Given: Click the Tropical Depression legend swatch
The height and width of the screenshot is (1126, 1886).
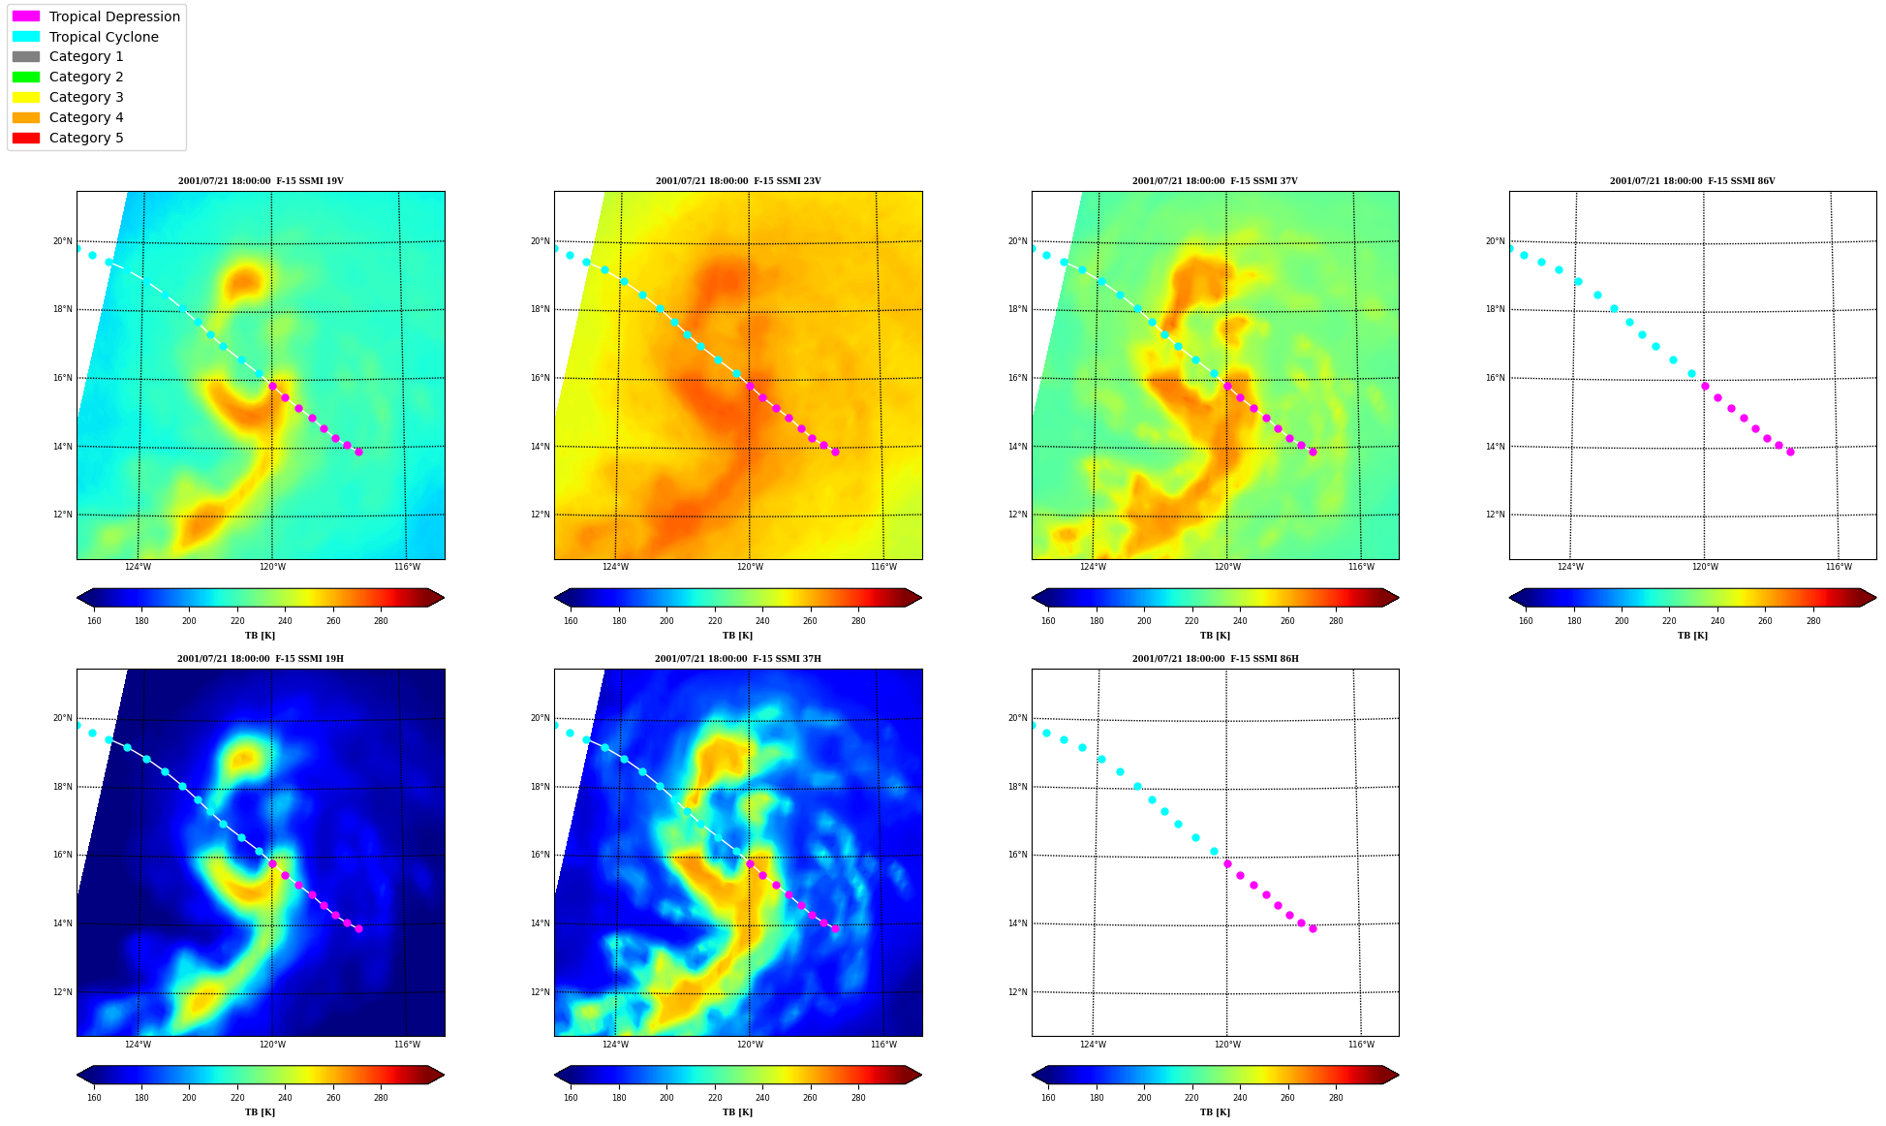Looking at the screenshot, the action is (26, 16).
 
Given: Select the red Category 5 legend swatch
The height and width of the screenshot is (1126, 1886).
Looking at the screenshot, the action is (26, 138).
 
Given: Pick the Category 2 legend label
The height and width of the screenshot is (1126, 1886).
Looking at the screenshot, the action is (86, 77).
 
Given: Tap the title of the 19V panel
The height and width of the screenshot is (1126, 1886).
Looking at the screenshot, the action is (261, 181).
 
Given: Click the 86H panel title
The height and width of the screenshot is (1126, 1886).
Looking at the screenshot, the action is (1216, 659).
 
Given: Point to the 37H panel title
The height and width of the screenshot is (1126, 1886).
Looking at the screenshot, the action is (738, 659).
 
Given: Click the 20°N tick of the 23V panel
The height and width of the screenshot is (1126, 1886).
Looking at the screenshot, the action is (540, 241).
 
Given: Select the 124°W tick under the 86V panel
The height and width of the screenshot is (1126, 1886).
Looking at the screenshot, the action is (1570, 567).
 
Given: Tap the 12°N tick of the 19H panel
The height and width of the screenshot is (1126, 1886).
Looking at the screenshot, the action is (63, 992).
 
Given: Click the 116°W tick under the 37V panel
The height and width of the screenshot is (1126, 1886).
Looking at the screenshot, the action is (1361, 567).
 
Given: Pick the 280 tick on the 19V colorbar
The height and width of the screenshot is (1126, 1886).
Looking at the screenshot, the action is (381, 621).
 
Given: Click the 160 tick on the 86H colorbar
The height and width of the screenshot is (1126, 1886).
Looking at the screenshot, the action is (1048, 1098).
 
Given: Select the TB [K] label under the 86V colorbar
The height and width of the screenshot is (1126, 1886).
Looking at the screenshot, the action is (1692, 636).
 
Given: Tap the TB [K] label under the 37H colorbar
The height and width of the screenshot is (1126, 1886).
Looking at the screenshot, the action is (738, 1112).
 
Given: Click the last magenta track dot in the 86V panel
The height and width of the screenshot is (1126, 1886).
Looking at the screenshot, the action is (1790, 452).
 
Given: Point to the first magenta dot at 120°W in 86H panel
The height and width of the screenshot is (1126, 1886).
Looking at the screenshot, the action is (1227, 863).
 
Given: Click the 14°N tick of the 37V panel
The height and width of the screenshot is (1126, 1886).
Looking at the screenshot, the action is (1017, 447).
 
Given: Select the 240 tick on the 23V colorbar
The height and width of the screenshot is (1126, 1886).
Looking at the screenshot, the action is (762, 621).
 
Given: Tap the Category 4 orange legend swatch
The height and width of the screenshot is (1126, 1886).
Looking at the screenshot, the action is (26, 117).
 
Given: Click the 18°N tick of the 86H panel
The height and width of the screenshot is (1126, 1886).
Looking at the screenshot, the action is (1017, 787).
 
